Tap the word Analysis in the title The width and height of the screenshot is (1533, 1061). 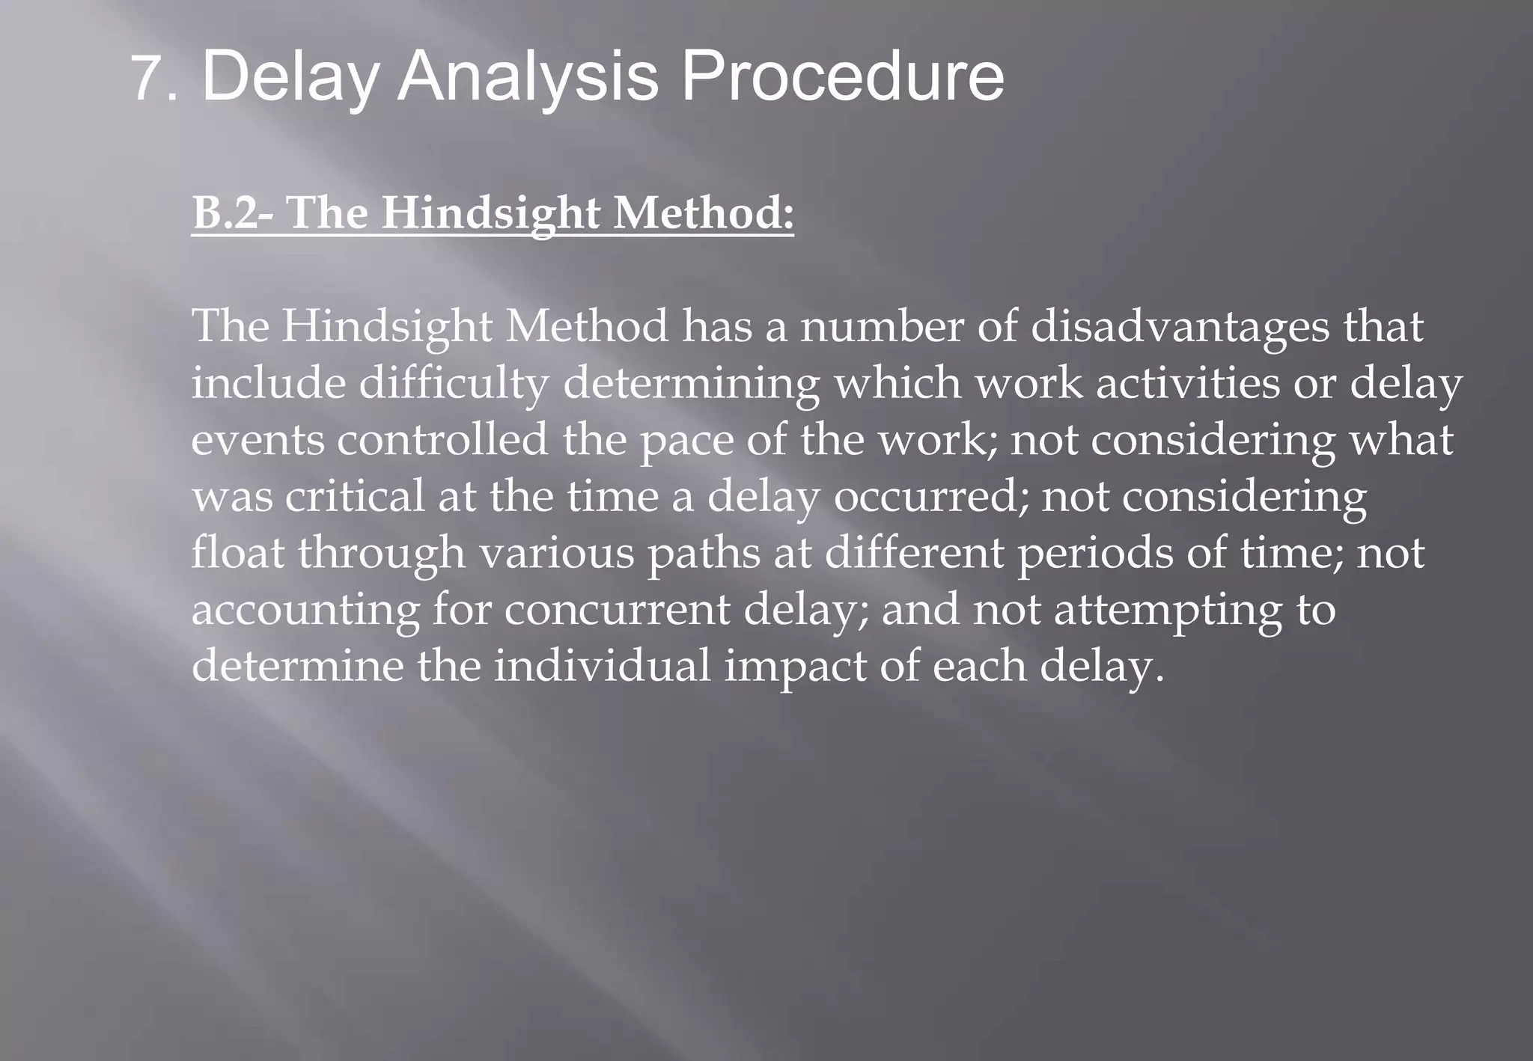tap(526, 78)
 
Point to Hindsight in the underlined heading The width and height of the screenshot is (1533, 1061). tap(490, 213)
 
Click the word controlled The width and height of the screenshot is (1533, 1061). tap(442, 440)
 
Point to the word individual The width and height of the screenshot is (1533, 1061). tap(602, 666)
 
